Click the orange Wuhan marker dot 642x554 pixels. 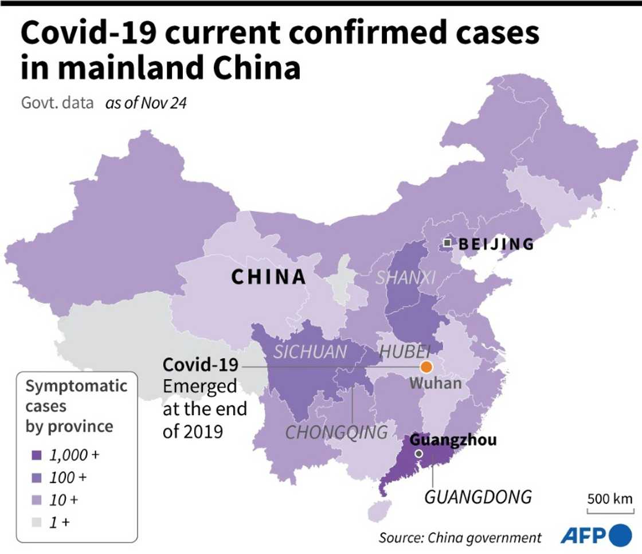[x=426, y=366]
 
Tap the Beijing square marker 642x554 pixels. [x=447, y=244]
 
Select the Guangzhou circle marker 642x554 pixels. [x=419, y=454]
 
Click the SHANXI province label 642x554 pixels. [x=406, y=278]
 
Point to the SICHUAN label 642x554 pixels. [x=310, y=352]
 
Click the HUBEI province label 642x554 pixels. [x=405, y=352]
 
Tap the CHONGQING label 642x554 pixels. [x=336, y=432]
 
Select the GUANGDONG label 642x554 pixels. [x=477, y=496]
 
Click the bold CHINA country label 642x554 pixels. [x=268, y=277]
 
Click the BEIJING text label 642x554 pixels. [x=496, y=244]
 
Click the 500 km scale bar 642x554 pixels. [x=610, y=507]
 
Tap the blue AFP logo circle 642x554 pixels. [x=621, y=536]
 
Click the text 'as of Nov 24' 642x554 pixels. [x=146, y=104]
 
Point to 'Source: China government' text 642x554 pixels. [x=460, y=537]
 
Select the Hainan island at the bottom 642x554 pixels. [x=376, y=510]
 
